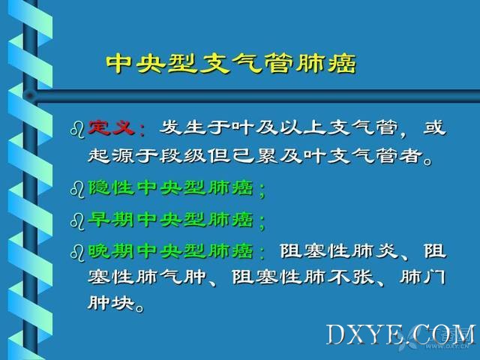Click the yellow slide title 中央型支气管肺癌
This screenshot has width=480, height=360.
[x=232, y=63]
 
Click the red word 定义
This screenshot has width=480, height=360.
[x=111, y=127]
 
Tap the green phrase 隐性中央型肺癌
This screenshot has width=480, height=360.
[x=171, y=187]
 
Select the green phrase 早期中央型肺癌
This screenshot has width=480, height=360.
[x=171, y=220]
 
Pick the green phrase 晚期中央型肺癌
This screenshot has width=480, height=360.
[x=171, y=251]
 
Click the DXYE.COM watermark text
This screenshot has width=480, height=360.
[x=401, y=335]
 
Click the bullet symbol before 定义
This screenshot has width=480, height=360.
[x=77, y=130]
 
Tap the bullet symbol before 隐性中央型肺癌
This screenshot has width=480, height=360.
[x=77, y=190]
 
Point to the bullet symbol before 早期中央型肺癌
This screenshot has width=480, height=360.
[x=77, y=221]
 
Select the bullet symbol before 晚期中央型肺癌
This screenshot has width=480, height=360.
[x=77, y=253]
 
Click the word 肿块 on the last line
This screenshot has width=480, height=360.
[x=111, y=303]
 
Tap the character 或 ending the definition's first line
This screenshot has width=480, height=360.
[x=434, y=127]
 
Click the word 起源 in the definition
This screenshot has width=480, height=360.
[x=111, y=156]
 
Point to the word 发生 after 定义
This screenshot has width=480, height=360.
[x=182, y=127]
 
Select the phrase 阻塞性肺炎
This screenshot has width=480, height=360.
[x=338, y=251]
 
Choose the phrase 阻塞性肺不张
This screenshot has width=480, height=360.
[x=303, y=277]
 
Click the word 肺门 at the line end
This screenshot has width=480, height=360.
[x=422, y=277]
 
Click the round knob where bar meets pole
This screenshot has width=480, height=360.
[x=30, y=96]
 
